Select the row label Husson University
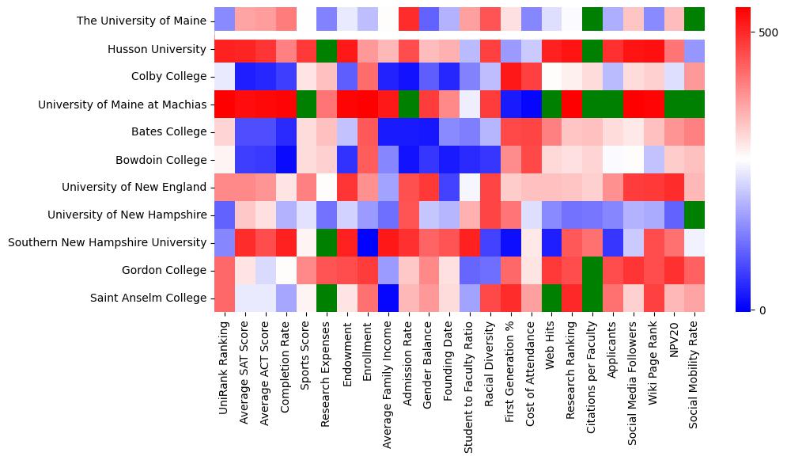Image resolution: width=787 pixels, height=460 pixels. [157, 49]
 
